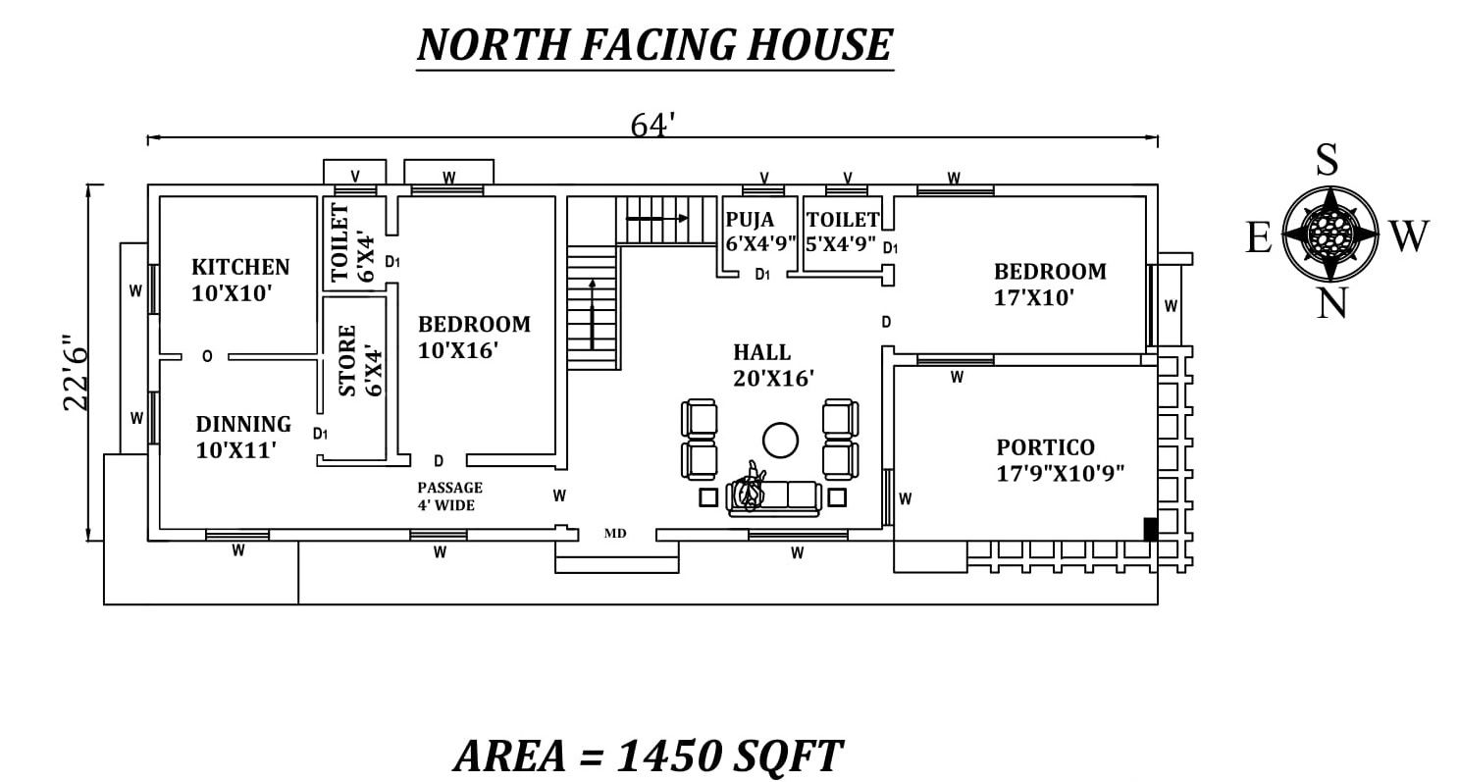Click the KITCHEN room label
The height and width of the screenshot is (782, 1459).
[x=240, y=267]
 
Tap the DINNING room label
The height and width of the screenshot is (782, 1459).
[x=243, y=424]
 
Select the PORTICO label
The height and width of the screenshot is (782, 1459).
[x=1045, y=447]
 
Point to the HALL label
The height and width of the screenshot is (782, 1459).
[x=762, y=352]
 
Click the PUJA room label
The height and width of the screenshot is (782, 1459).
[x=750, y=219]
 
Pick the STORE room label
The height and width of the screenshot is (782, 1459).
[x=347, y=360]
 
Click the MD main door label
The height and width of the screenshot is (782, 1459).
[x=615, y=534]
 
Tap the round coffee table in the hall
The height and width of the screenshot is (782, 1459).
[x=780, y=441]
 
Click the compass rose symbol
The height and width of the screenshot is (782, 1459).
[x=1330, y=234]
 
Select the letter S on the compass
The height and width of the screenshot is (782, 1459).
[x=1328, y=160]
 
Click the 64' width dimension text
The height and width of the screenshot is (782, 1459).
[x=651, y=125]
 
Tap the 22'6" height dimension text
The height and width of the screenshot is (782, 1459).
[x=76, y=373]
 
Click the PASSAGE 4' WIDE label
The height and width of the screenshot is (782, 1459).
[x=449, y=496]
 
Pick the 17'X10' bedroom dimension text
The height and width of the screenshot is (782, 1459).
[x=1034, y=298]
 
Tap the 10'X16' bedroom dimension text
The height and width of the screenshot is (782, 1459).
[x=458, y=351]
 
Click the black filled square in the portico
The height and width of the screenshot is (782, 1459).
[x=1151, y=529]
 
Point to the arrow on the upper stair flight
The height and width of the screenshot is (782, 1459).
[x=656, y=218]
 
